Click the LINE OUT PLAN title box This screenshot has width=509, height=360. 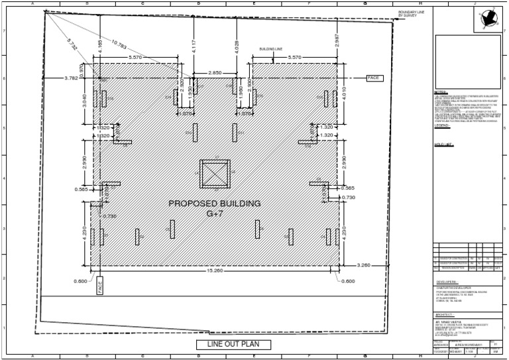click(x=234, y=344)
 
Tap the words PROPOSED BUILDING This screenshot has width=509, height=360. click(x=214, y=204)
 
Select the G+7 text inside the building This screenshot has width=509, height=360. click(x=215, y=213)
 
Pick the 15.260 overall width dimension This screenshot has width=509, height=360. click(x=213, y=270)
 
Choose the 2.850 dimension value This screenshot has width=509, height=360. click(x=215, y=72)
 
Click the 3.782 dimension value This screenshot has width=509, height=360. click(x=71, y=78)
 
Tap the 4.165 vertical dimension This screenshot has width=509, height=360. click(x=100, y=45)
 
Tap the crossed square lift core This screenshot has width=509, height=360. click(x=215, y=174)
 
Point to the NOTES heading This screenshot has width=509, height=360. click(x=441, y=91)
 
